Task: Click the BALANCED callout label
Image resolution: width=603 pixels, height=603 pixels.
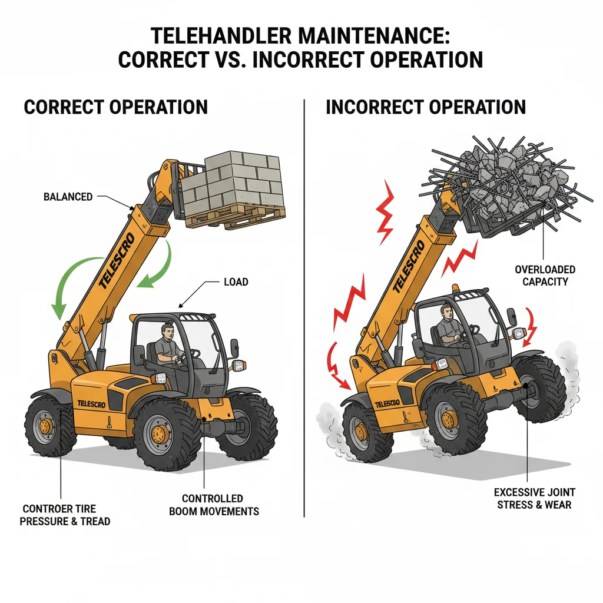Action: point(68,197)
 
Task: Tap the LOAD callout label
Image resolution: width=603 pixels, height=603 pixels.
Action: point(236,282)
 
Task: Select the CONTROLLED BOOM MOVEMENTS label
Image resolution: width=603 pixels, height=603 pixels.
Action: point(214,505)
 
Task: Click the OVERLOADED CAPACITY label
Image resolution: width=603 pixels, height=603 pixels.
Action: point(545,276)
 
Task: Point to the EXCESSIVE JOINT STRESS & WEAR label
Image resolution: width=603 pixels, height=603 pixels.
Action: point(534,498)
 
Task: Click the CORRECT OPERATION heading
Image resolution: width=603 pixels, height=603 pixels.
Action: point(115,107)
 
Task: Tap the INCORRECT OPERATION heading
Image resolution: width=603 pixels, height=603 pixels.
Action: point(426,107)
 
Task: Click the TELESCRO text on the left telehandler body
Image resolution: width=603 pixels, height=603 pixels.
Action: point(93,403)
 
